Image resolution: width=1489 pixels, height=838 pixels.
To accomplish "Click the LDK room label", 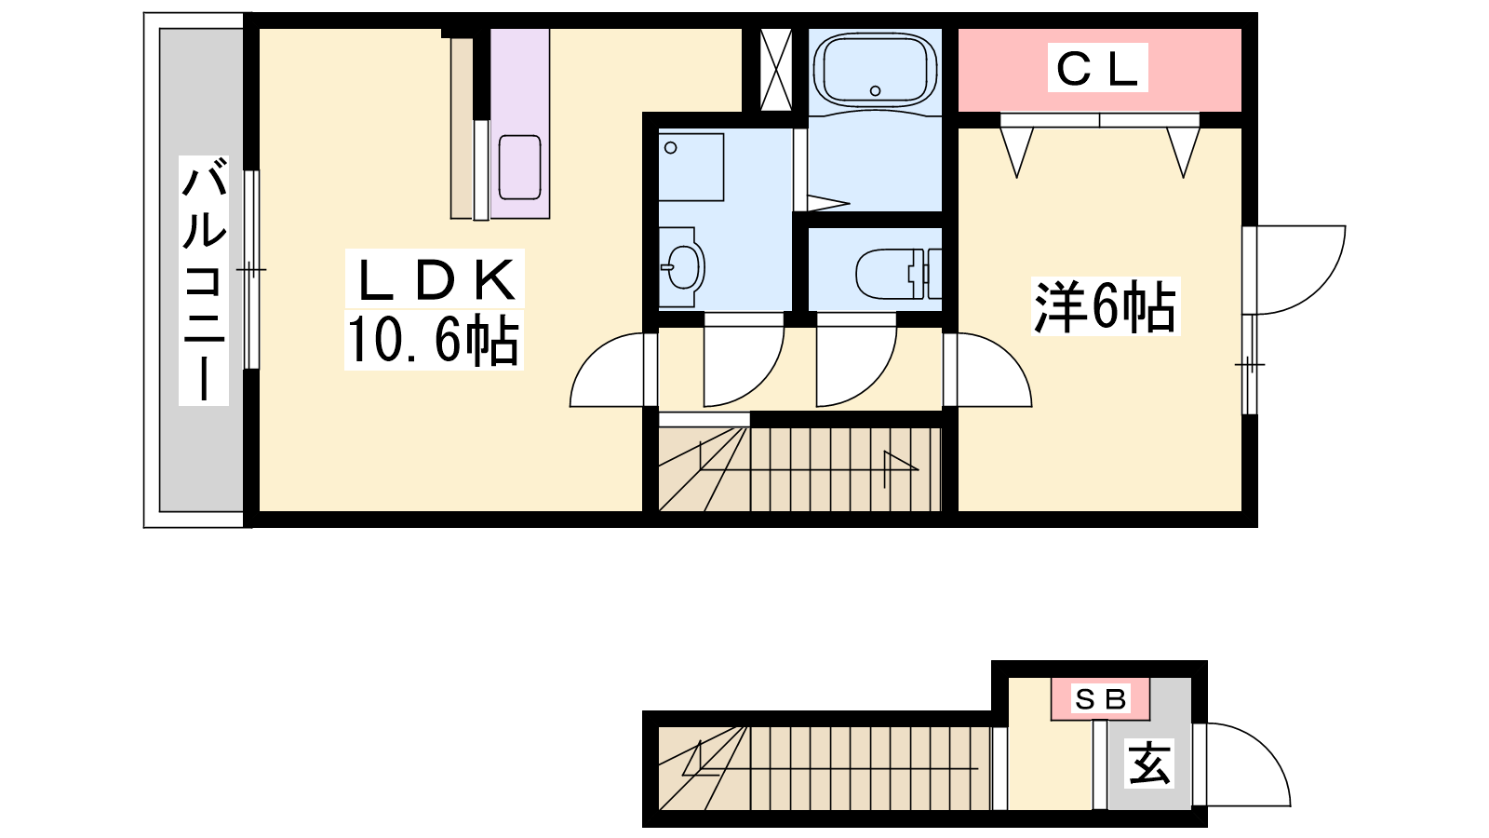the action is click(436, 279).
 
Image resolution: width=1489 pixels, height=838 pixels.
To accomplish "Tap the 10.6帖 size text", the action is click(433, 340).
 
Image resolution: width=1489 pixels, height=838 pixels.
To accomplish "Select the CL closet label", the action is click(1097, 68).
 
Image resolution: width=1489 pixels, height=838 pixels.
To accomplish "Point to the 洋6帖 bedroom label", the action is click(1105, 306).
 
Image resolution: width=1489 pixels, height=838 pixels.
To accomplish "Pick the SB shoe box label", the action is click(1100, 699).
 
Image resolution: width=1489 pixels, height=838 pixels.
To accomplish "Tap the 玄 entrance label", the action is click(1150, 764).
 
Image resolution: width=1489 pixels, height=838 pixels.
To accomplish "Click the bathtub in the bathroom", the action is click(875, 70).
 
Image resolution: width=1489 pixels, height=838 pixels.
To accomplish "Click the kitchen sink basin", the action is click(520, 168).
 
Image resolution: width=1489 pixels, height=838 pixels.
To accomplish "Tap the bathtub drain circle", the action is click(875, 91).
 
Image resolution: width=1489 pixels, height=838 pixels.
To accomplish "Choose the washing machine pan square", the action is click(691, 168).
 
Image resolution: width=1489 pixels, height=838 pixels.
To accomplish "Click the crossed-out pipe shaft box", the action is click(776, 69).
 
